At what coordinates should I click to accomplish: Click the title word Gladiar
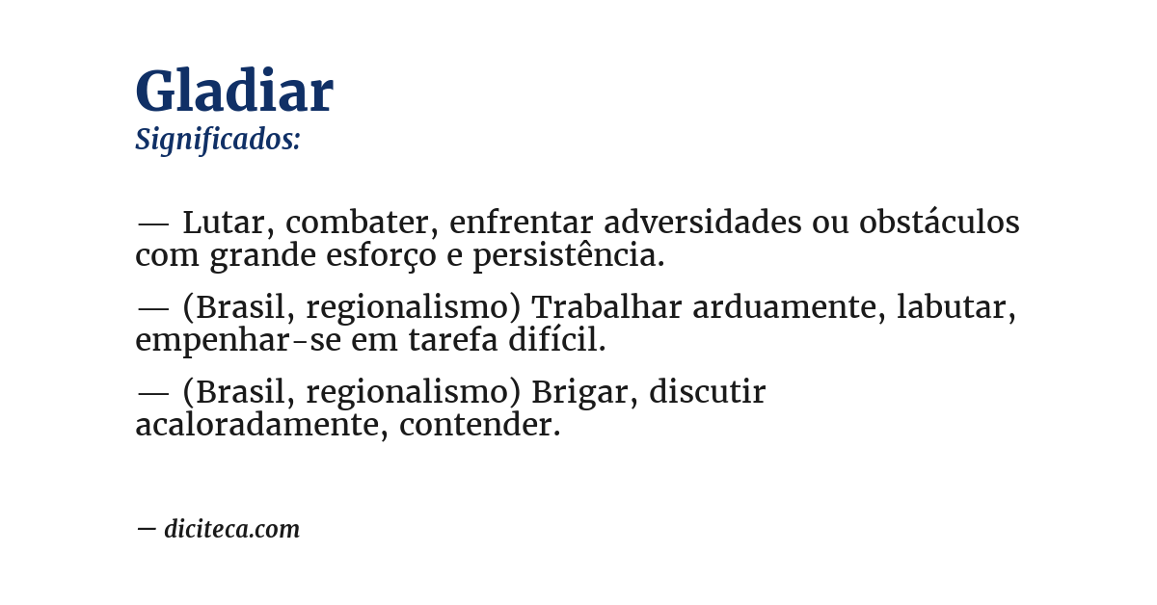[234, 92]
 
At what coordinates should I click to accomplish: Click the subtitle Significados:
[218, 140]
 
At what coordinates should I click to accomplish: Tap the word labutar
[955, 307]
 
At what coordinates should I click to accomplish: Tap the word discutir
[707, 392]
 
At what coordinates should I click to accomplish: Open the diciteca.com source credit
[231, 529]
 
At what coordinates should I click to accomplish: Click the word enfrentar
[522, 223]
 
